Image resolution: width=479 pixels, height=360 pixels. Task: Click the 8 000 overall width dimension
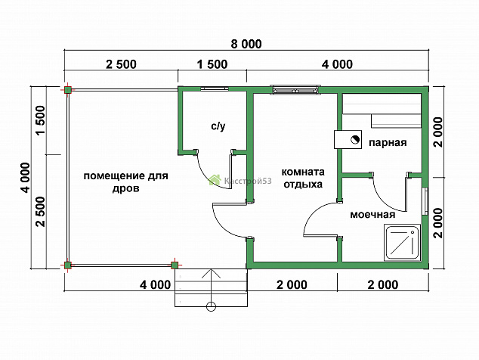246,44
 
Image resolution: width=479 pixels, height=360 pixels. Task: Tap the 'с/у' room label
218,126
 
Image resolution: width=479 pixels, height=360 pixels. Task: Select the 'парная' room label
388,142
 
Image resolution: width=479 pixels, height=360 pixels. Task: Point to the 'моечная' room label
372,214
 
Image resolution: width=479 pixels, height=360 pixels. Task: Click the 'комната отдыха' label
303,178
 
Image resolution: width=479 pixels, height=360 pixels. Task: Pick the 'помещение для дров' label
126,182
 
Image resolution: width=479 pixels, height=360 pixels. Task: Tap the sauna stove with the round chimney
348,139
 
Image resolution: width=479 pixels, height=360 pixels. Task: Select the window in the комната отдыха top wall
296,89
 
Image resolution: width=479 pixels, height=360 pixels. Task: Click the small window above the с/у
215,89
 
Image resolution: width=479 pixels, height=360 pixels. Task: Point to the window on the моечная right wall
425,201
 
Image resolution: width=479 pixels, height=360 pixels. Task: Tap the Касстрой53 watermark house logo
215,180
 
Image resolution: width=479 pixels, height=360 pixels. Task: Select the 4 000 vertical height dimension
26,178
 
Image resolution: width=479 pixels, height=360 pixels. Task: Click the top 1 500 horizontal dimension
212,64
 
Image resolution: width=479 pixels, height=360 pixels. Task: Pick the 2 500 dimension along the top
122,64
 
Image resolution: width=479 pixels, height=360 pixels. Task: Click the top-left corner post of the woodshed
67,90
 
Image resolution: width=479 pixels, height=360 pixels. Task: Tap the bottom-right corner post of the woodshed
175,265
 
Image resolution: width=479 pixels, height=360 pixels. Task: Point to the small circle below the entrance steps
211,306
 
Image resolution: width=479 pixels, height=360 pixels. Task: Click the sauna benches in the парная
382,110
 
